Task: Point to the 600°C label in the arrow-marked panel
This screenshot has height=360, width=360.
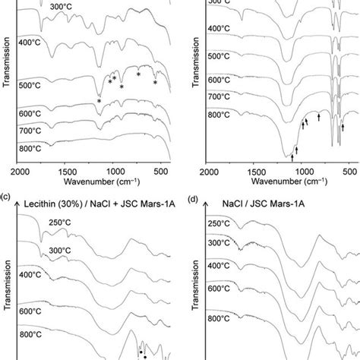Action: pos(221,80)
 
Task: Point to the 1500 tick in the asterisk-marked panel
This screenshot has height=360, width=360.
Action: pos(66,172)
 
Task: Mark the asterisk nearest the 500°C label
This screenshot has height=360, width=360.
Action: pos(99,102)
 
